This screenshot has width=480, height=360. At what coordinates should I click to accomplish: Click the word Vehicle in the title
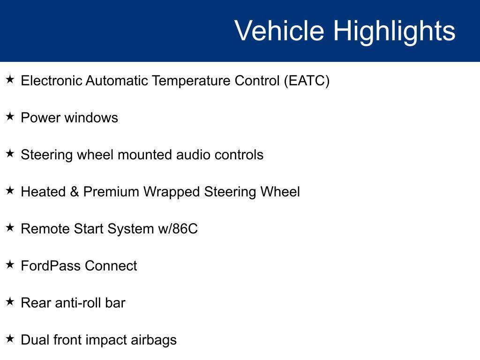[x=279, y=30]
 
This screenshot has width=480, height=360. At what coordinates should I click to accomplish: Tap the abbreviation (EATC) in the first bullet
[x=307, y=81]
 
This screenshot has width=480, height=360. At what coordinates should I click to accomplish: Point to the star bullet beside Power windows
[x=10, y=116]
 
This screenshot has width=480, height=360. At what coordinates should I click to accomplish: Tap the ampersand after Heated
[x=75, y=192]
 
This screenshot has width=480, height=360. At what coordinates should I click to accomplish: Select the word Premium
[x=111, y=192]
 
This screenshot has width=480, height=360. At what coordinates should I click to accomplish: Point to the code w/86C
[x=178, y=229]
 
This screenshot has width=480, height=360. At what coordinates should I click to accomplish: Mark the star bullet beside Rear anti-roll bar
[x=10, y=301]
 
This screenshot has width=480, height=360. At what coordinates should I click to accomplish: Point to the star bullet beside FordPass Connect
[x=10, y=264]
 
